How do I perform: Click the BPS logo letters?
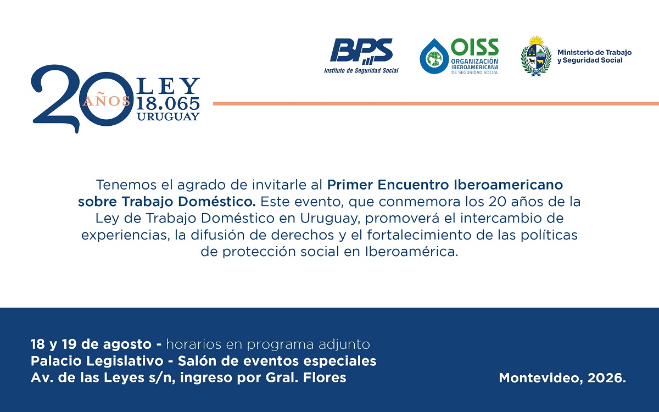(x=361, y=51)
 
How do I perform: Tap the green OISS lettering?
(x=474, y=47)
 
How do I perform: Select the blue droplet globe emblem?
(x=434, y=56)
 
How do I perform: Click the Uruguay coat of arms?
(x=536, y=56)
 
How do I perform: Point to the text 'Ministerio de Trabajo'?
(x=594, y=53)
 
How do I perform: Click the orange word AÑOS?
(x=107, y=101)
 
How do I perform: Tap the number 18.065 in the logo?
(x=168, y=103)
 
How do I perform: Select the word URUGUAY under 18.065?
(x=168, y=116)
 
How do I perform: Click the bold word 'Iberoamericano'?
(x=509, y=185)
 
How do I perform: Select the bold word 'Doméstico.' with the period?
(x=217, y=202)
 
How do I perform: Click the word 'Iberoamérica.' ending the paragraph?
(x=412, y=252)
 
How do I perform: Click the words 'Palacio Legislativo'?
(x=97, y=361)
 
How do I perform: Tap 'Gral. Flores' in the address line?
(x=306, y=377)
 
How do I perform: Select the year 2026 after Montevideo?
(x=607, y=378)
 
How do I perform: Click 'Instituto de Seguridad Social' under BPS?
(x=361, y=71)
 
